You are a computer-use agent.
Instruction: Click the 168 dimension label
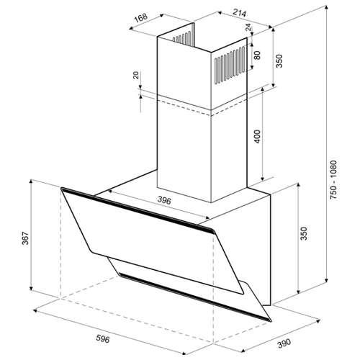tap(140, 18)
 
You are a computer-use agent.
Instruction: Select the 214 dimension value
tap(240, 13)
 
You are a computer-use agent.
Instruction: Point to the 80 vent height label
tap(257, 55)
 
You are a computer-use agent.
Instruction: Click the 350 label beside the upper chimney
tap(279, 61)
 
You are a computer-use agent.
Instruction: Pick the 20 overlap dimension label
tap(136, 76)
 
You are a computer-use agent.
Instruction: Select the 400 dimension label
tap(257, 136)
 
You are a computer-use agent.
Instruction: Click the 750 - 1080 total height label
tap(334, 180)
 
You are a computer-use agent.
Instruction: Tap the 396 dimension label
tap(164, 200)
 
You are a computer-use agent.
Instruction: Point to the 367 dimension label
tap(25, 238)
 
